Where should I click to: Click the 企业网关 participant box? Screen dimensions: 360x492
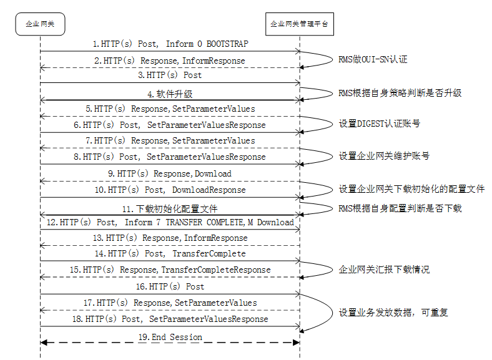click(x=40, y=24)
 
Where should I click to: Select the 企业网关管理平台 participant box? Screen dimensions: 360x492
click(x=300, y=24)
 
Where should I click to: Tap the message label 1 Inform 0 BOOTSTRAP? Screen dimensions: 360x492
click(x=170, y=44)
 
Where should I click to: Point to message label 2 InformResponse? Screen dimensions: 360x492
click(x=169, y=61)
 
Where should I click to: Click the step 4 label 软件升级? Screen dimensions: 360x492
click(x=170, y=94)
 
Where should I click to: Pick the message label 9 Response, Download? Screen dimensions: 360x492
click(x=170, y=173)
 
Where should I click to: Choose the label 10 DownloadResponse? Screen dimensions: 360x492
click(x=170, y=190)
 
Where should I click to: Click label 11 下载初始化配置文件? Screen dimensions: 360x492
click(x=170, y=208)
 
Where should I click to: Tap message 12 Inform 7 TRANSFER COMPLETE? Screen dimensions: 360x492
click(x=170, y=222)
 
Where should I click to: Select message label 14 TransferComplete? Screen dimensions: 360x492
click(x=170, y=254)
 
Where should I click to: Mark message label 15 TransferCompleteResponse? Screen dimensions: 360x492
click(x=170, y=270)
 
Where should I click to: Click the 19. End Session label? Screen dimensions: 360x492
click(x=170, y=337)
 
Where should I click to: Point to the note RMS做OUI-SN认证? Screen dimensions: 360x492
click(x=373, y=60)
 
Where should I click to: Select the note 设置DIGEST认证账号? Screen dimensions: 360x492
click(x=379, y=124)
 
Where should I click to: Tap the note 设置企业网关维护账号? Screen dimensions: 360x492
click(x=383, y=155)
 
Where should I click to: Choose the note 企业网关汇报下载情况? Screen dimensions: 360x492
click(x=383, y=270)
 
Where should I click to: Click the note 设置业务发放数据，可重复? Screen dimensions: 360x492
click(x=393, y=312)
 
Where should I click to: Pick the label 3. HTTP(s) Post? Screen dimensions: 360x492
click(x=170, y=75)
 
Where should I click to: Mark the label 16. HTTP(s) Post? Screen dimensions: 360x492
click(x=170, y=286)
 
